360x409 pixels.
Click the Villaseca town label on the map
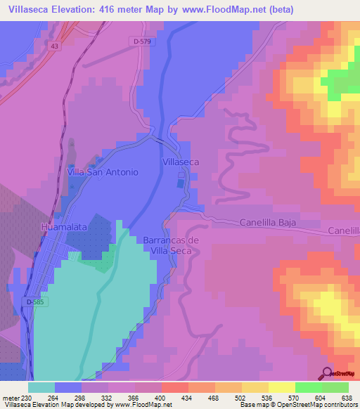[x=181, y=162]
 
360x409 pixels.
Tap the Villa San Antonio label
[x=103, y=171]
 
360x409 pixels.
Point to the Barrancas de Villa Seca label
[x=172, y=245]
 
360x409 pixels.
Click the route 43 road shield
[x=55, y=46]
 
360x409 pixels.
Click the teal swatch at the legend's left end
[x=41, y=387]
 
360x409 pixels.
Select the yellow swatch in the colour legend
[x=281, y=387]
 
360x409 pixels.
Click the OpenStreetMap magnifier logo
[x=326, y=372]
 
